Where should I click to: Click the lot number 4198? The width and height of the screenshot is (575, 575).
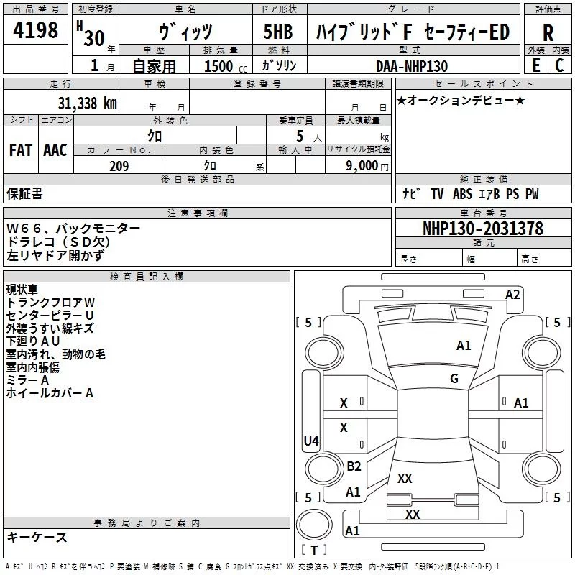coord(35,29)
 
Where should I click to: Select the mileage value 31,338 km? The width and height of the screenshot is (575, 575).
coord(88,103)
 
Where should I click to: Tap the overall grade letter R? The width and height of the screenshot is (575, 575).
coord(548,33)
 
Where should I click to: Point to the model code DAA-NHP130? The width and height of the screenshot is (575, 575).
coord(412,66)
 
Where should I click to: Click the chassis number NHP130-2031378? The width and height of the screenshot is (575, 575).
coord(483,228)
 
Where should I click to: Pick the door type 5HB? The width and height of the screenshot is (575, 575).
coord(278,32)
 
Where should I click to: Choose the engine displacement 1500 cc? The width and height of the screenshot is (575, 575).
coord(226,66)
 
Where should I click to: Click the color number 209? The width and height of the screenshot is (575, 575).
coord(119,166)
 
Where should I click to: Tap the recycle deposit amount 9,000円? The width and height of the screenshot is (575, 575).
coord(367,166)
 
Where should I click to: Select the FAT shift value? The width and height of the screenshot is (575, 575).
coord(21,150)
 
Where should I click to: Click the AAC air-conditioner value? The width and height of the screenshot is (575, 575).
coord(55,150)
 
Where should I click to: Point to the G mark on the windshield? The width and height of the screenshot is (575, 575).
coord(454,379)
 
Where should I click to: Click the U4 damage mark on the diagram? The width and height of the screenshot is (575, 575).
coord(311,441)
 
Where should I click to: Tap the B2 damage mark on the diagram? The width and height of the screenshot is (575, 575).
coord(354,466)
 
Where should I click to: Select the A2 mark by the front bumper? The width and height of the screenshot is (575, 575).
coord(512,295)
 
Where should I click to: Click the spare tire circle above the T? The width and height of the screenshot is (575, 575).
coord(314,525)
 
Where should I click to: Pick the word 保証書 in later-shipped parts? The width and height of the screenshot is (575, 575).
coord(24,193)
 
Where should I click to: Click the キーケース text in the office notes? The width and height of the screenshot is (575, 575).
coord(37,537)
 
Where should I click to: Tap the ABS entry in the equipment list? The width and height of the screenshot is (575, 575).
coord(462,193)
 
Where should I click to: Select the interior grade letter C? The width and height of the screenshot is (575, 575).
coord(559,65)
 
